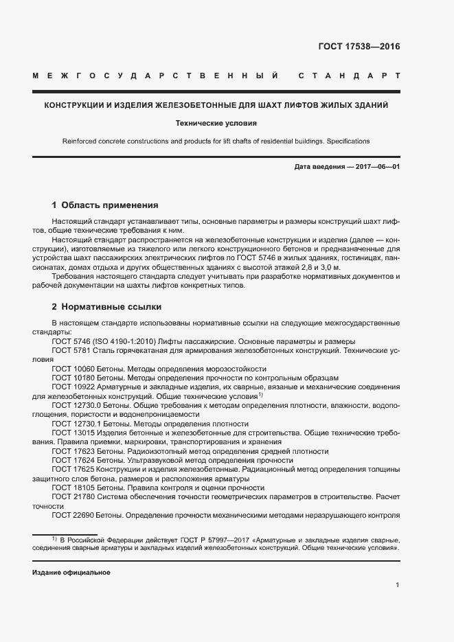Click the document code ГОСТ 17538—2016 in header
click(359, 47)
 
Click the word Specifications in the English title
click(348, 141)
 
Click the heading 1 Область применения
click(105, 205)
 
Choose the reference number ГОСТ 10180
click(73, 378)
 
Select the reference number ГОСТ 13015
click(73, 433)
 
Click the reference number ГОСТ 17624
click(73, 461)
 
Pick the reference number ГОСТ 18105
click(73, 488)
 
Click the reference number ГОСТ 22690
click(73, 516)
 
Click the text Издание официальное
click(71, 572)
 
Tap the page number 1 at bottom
click(398, 585)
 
